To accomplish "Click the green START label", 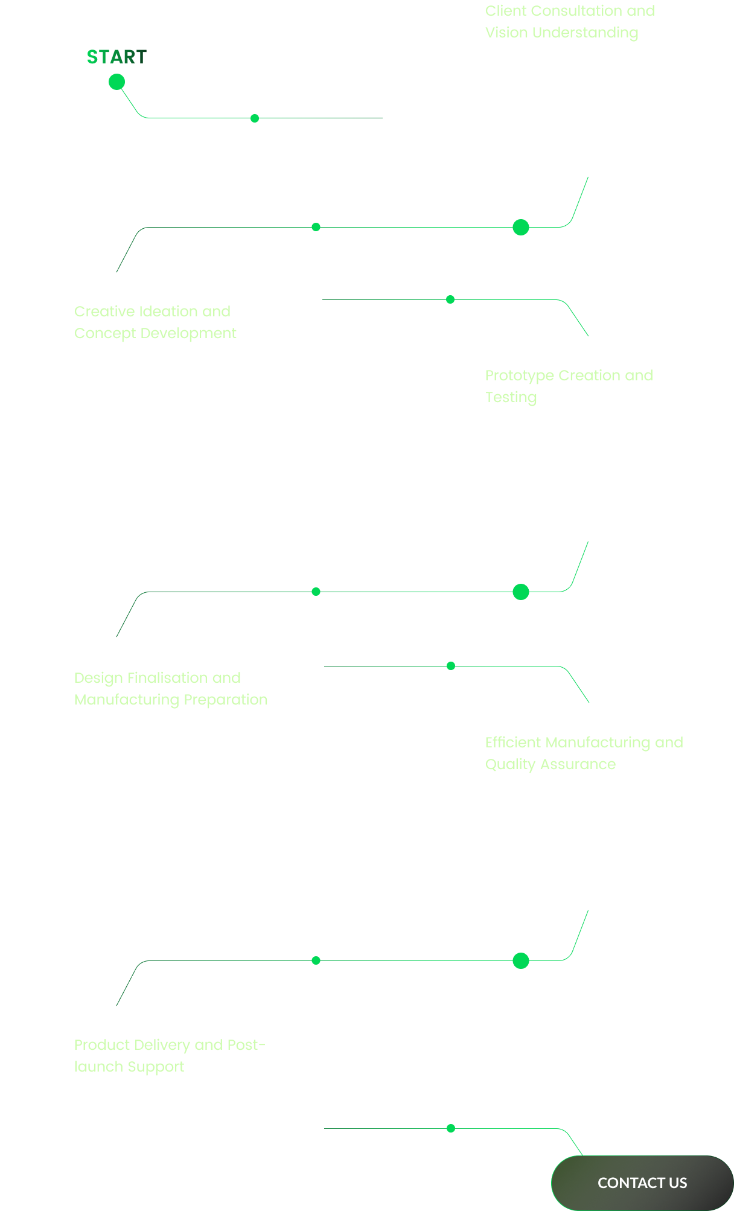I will [x=116, y=57].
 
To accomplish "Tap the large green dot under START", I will [x=116, y=81].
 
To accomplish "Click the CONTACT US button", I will [x=642, y=1183].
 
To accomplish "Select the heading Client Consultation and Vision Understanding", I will [x=569, y=22].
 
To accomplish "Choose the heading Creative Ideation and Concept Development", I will [x=155, y=322].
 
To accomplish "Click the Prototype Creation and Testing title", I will [x=569, y=386].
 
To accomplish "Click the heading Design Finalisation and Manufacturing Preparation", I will [x=170, y=689].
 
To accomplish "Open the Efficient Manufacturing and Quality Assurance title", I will [x=584, y=753].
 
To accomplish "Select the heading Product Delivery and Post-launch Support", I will [x=169, y=1056].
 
